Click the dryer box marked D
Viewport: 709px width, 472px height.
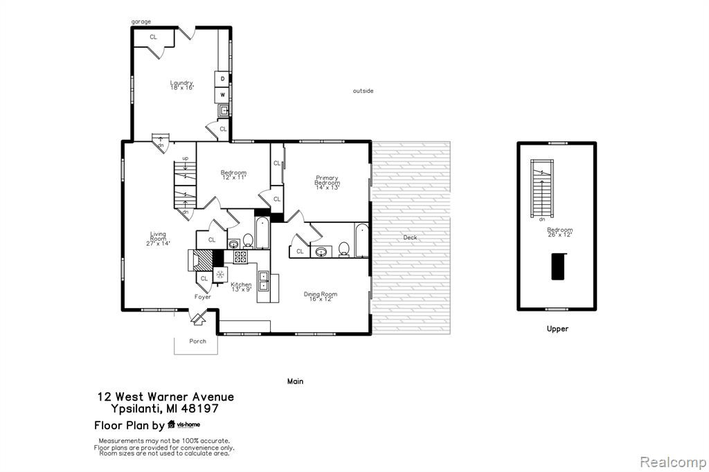click(x=222, y=79)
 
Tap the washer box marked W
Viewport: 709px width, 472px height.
click(x=222, y=95)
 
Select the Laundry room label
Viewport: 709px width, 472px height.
click(x=182, y=85)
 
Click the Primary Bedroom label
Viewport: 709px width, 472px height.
click(x=327, y=183)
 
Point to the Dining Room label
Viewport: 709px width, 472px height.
click(x=321, y=297)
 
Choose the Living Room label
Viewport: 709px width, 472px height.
click(x=159, y=239)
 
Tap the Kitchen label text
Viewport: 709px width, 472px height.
click(x=241, y=287)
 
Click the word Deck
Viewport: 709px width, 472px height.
click(x=410, y=237)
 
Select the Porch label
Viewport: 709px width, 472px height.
click(x=197, y=341)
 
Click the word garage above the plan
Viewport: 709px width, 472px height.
click(x=141, y=21)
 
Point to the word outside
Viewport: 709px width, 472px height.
click(x=363, y=91)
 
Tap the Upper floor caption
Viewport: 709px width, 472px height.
click(x=557, y=329)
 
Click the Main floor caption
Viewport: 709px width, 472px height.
click(x=295, y=381)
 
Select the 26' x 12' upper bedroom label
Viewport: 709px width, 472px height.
click(x=559, y=235)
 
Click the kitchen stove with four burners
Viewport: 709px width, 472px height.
click(x=240, y=257)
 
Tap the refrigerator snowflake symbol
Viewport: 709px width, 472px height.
click(x=220, y=274)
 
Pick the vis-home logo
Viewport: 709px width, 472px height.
click(x=183, y=424)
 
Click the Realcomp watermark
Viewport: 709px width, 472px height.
click(x=673, y=462)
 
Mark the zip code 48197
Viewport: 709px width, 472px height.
click(x=199, y=409)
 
